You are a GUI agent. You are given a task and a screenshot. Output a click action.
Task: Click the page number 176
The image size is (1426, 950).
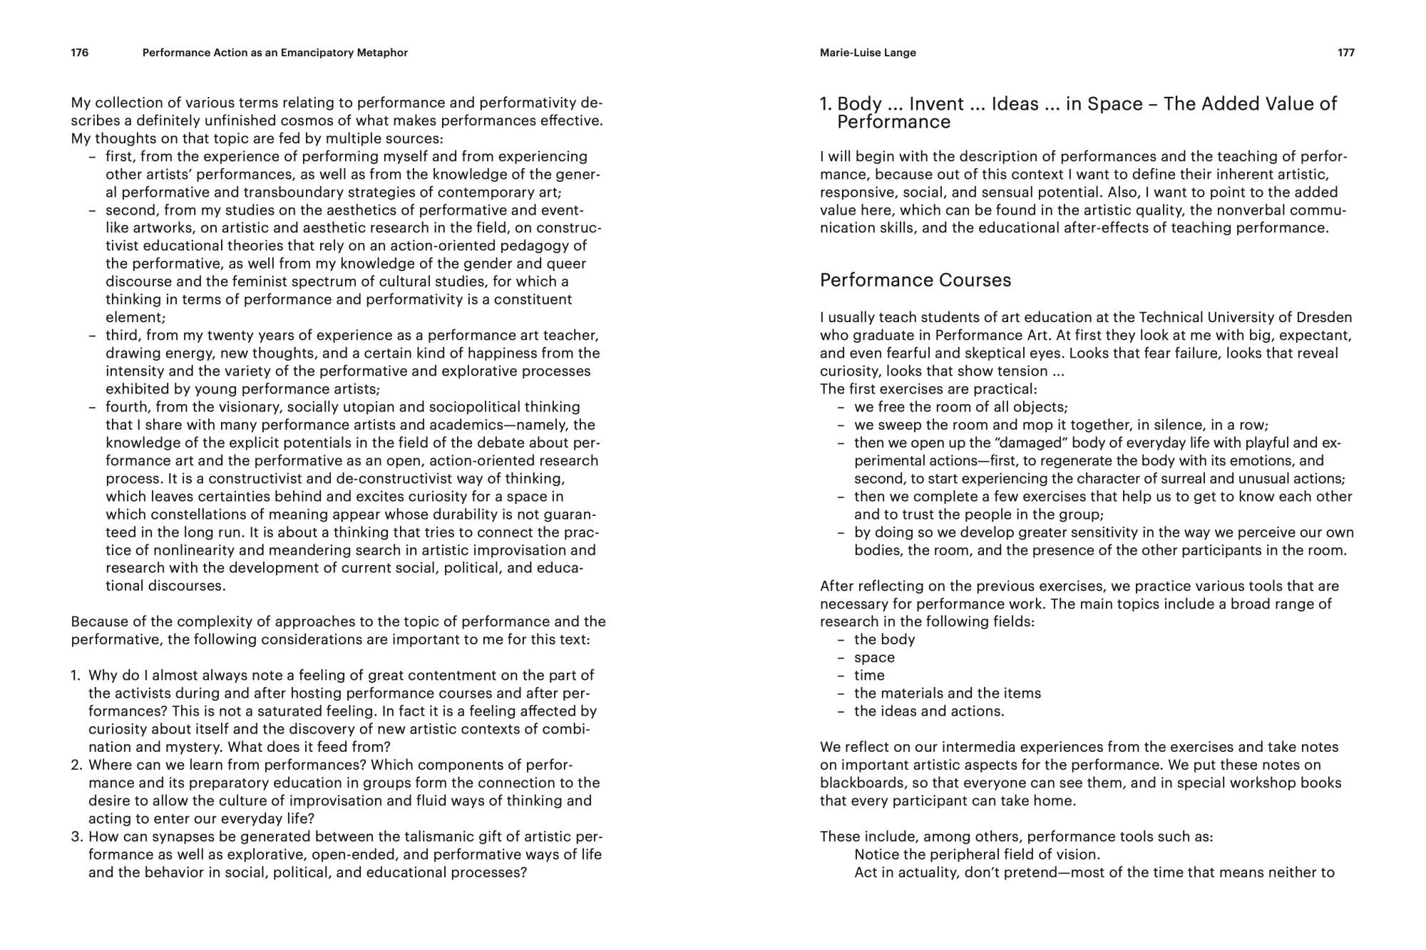click(x=80, y=53)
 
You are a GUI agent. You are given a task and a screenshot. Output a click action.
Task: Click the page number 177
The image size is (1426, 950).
click(x=1345, y=53)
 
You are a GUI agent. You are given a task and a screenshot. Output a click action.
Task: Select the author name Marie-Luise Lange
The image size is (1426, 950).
click(x=868, y=53)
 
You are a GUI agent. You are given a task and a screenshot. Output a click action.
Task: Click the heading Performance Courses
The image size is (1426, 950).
click(x=915, y=280)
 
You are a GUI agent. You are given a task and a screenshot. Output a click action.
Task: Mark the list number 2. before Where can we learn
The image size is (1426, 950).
click(x=77, y=765)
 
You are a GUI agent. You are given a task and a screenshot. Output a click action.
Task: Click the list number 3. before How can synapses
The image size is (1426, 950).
click(x=77, y=837)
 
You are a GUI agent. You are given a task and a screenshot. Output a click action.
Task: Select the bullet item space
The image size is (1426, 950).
click(x=874, y=658)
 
